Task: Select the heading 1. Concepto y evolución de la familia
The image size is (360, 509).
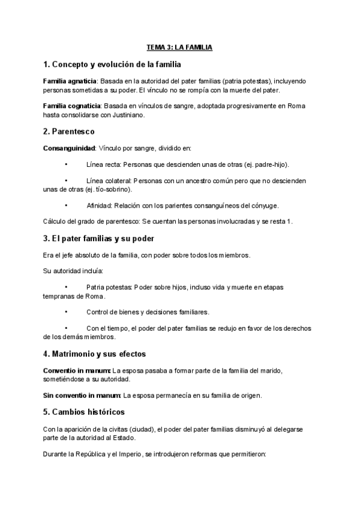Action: point(112,64)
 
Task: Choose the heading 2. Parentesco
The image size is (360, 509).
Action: point(69,131)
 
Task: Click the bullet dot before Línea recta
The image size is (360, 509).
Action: point(66,164)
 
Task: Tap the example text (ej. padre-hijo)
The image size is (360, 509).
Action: point(271,164)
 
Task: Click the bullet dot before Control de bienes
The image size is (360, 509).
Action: point(66,312)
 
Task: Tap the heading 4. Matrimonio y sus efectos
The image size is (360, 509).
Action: point(95,354)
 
